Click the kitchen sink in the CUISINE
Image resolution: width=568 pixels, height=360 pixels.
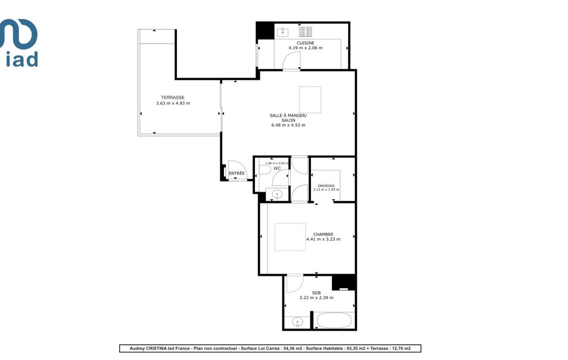pos(283,32)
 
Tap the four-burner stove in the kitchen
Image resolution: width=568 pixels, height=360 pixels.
pos(306,32)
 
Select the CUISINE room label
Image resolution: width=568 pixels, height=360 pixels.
pos(305,43)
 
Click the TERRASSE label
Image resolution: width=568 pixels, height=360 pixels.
pos(173,97)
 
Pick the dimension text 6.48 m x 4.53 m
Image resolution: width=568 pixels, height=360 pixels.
pos(288,125)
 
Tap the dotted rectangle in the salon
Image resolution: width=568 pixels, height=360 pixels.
pos(310,100)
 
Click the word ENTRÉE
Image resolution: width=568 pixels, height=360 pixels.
pos(237,173)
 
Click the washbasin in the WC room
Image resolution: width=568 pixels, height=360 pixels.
pos(277,194)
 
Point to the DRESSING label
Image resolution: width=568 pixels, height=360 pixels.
pos(326,186)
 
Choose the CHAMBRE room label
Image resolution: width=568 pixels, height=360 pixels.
pos(323,234)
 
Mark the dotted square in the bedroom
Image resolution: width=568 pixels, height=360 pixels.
pos(290,237)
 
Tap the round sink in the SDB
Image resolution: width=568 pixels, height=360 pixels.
pos(298,322)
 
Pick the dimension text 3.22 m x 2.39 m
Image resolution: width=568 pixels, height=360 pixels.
pos(316,298)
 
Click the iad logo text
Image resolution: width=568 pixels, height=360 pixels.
pos(22,60)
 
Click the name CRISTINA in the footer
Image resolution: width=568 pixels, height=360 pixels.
pos(156,348)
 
